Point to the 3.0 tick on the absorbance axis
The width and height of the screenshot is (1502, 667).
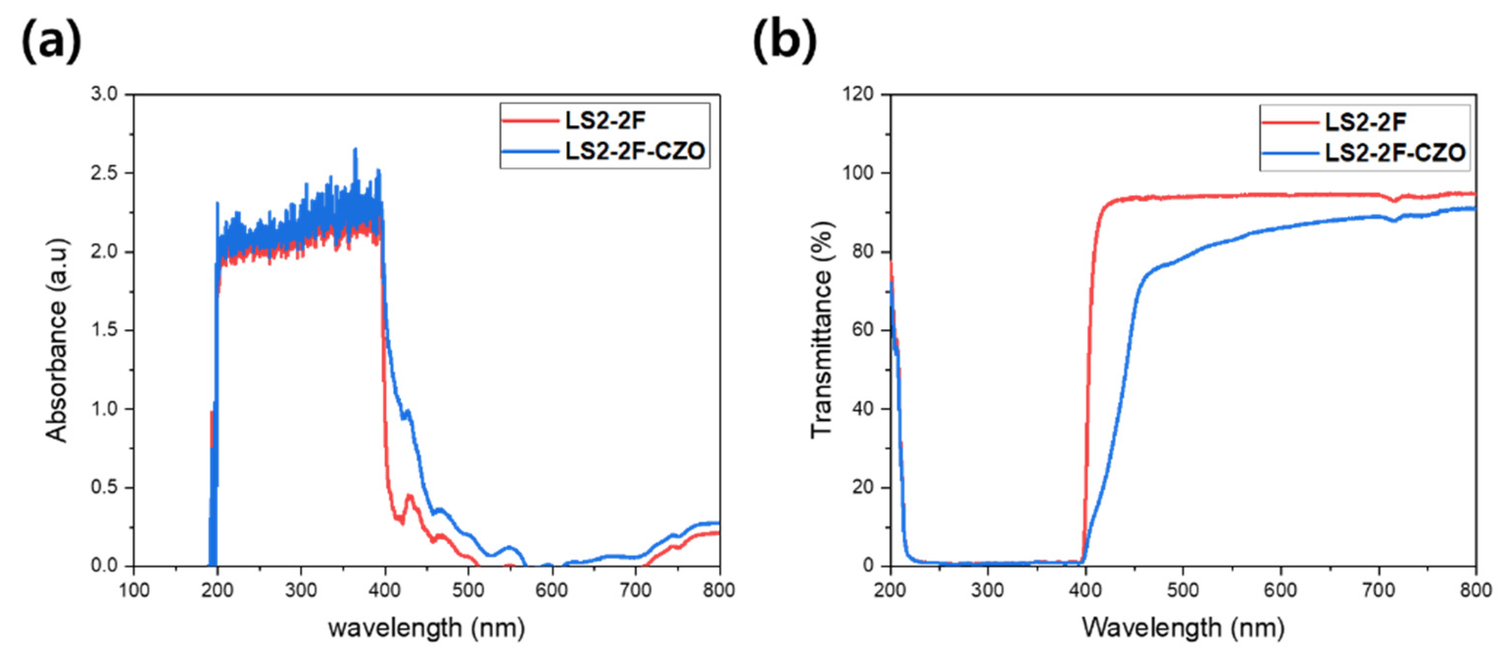[x=104, y=94]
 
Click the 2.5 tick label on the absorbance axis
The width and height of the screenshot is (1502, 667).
[x=104, y=173]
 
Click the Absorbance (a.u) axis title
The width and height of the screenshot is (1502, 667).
[x=57, y=341]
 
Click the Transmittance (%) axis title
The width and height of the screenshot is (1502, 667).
[x=822, y=330]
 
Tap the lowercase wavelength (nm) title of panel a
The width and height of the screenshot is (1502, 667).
[x=426, y=628]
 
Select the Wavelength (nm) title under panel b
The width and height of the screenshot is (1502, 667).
[x=1183, y=628]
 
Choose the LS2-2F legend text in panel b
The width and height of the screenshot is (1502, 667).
[x=1365, y=122]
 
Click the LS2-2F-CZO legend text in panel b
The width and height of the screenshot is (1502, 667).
[x=1395, y=153]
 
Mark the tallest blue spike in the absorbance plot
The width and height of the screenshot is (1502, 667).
[x=355, y=150]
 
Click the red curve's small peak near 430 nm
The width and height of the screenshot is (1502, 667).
[x=409, y=497]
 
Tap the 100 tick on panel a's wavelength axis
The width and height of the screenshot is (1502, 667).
[x=134, y=590]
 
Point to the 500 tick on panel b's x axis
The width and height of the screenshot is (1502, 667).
[x=1183, y=590]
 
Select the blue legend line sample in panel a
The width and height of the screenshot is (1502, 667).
[x=529, y=152]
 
